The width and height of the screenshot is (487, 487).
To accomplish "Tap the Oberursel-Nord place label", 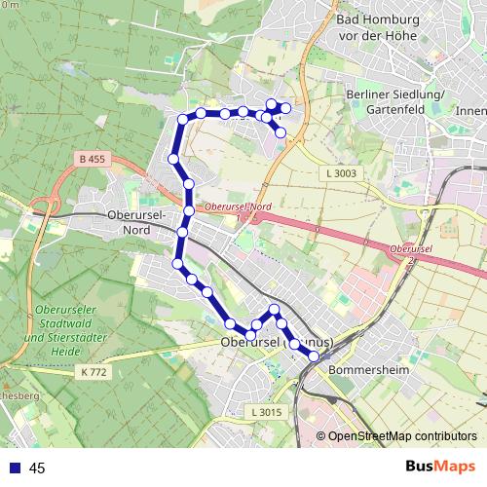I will coord(142,222).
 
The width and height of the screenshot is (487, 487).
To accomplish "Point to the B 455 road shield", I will coord(92,158).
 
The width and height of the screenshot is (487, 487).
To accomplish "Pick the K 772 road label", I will coord(95,372).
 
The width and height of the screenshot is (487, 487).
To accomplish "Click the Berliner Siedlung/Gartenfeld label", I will coord(395,101).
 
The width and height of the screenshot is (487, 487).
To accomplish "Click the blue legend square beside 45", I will coord(13,468).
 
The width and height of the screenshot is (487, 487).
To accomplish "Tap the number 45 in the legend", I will coord(38,468).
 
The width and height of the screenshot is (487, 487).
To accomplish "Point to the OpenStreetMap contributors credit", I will coord(402,436).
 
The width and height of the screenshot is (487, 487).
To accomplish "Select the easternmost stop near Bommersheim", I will coord(314,356).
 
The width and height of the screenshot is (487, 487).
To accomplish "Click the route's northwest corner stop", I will coord(182,120).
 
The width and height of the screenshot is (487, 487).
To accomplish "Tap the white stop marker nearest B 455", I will coord(172,159).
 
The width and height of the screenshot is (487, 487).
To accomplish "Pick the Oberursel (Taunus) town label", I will coord(278,343).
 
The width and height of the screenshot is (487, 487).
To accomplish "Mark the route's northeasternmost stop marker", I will coord(285,107).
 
